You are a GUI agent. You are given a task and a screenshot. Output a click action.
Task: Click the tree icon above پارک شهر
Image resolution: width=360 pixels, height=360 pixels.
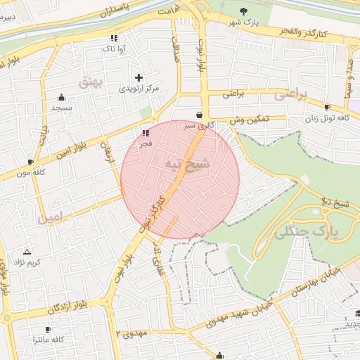pos(244,11)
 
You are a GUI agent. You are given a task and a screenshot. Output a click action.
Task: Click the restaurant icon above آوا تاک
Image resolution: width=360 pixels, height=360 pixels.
pos(113,38)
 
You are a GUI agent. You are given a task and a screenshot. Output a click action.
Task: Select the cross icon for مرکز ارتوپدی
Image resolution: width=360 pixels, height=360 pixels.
pos(139,77)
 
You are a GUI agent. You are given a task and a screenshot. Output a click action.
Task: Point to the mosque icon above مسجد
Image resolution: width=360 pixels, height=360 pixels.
pos(61,98)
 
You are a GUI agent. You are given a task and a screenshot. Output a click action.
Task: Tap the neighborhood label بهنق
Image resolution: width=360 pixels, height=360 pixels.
pos(91,82)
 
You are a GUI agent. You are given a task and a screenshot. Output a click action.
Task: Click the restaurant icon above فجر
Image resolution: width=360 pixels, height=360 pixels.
pos(146,132)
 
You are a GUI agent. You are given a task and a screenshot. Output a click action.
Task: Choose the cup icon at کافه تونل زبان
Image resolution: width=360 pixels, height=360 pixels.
pos(327,108)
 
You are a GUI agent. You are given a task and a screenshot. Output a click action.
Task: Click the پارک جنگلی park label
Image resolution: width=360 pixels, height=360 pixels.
pos(309,229)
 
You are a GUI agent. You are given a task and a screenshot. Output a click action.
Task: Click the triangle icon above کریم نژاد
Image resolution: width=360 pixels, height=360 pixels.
pos(27,251)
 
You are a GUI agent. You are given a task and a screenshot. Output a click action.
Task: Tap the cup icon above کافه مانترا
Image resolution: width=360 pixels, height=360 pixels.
pos(48,329)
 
